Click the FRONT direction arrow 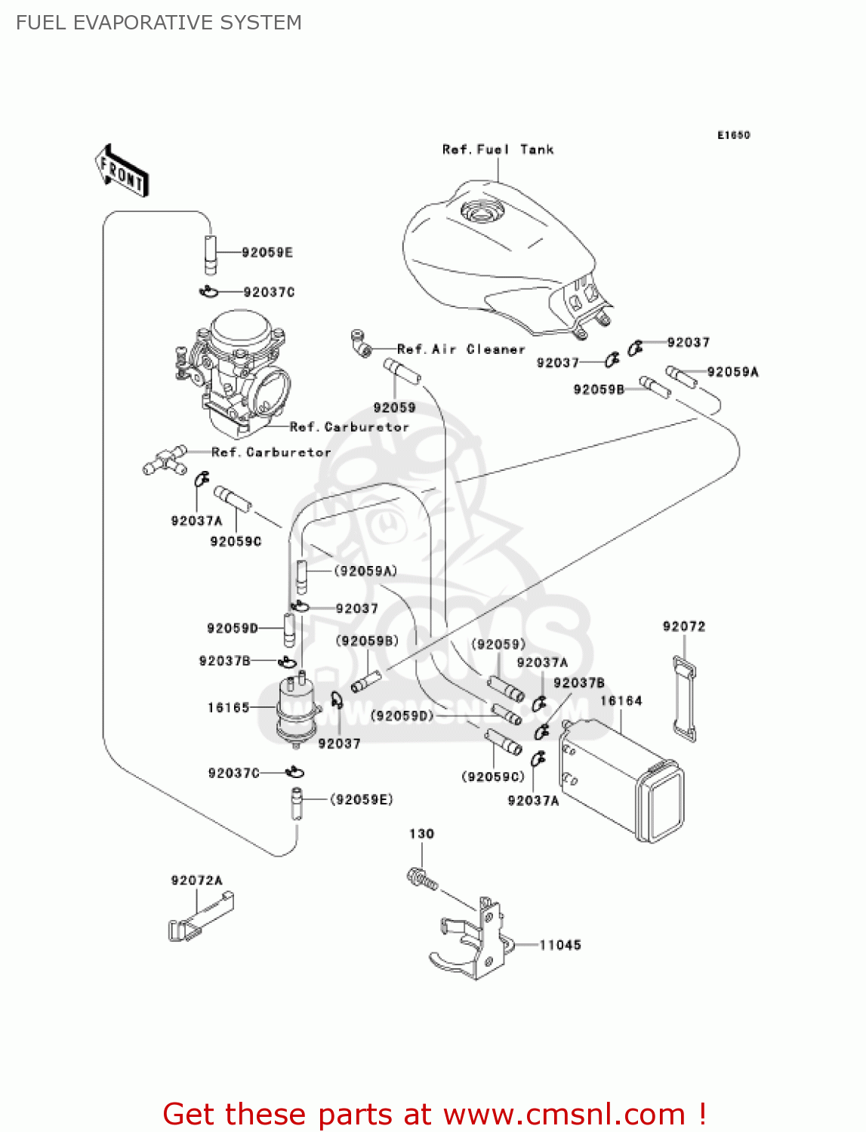tap(122, 171)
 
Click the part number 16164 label tap(621, 701)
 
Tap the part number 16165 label tap(228, 708)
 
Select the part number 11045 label tap(559, 945)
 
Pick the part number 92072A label tap(196, 881)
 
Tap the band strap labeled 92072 tap(685, 699)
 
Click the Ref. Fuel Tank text tap(498, 149)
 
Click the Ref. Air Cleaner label tap(461, 349)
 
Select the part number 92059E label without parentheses tap(267, 253)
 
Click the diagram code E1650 tap(733, 135)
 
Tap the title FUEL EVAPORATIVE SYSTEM tap(159, 23)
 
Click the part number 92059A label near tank tap(732, 372)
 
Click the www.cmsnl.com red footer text tap(564, 1114)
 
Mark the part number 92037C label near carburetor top tap(269, 292)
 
